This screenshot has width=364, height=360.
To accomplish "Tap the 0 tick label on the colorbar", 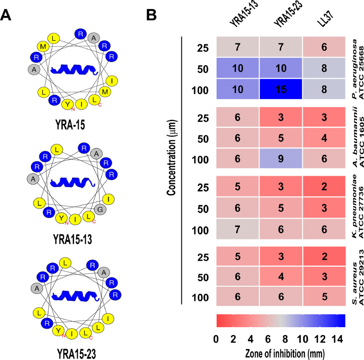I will (x=216, y=339).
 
